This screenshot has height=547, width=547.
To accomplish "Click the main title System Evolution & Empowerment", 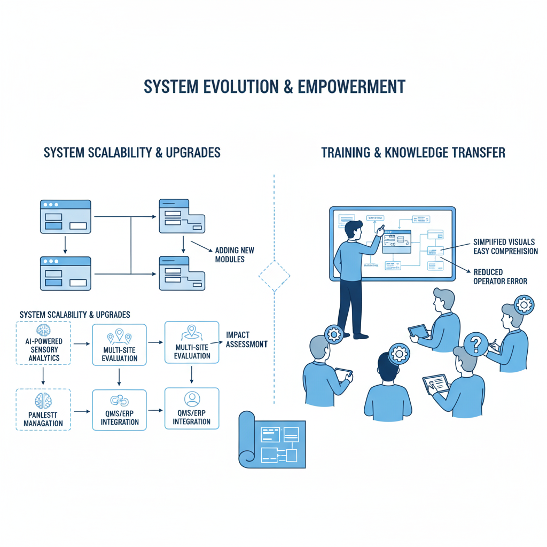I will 273,87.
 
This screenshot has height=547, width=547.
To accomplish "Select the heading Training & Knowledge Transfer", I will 413,153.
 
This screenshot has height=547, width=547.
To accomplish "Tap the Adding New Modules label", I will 235,255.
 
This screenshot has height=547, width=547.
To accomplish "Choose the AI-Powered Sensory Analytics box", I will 43,343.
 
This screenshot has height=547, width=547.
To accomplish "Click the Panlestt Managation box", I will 43,410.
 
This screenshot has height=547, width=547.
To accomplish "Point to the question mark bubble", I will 474,343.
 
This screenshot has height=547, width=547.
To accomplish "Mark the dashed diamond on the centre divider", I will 274,276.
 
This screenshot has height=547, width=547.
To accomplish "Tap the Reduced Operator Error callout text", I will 500,277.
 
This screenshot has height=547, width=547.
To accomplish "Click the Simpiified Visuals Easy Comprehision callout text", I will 505,246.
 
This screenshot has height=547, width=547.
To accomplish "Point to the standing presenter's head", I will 353,231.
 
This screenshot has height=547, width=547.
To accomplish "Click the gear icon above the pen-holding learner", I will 523,305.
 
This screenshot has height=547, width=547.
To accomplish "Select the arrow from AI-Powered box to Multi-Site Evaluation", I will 82,344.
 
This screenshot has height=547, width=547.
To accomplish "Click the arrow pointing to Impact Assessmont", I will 215,341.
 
